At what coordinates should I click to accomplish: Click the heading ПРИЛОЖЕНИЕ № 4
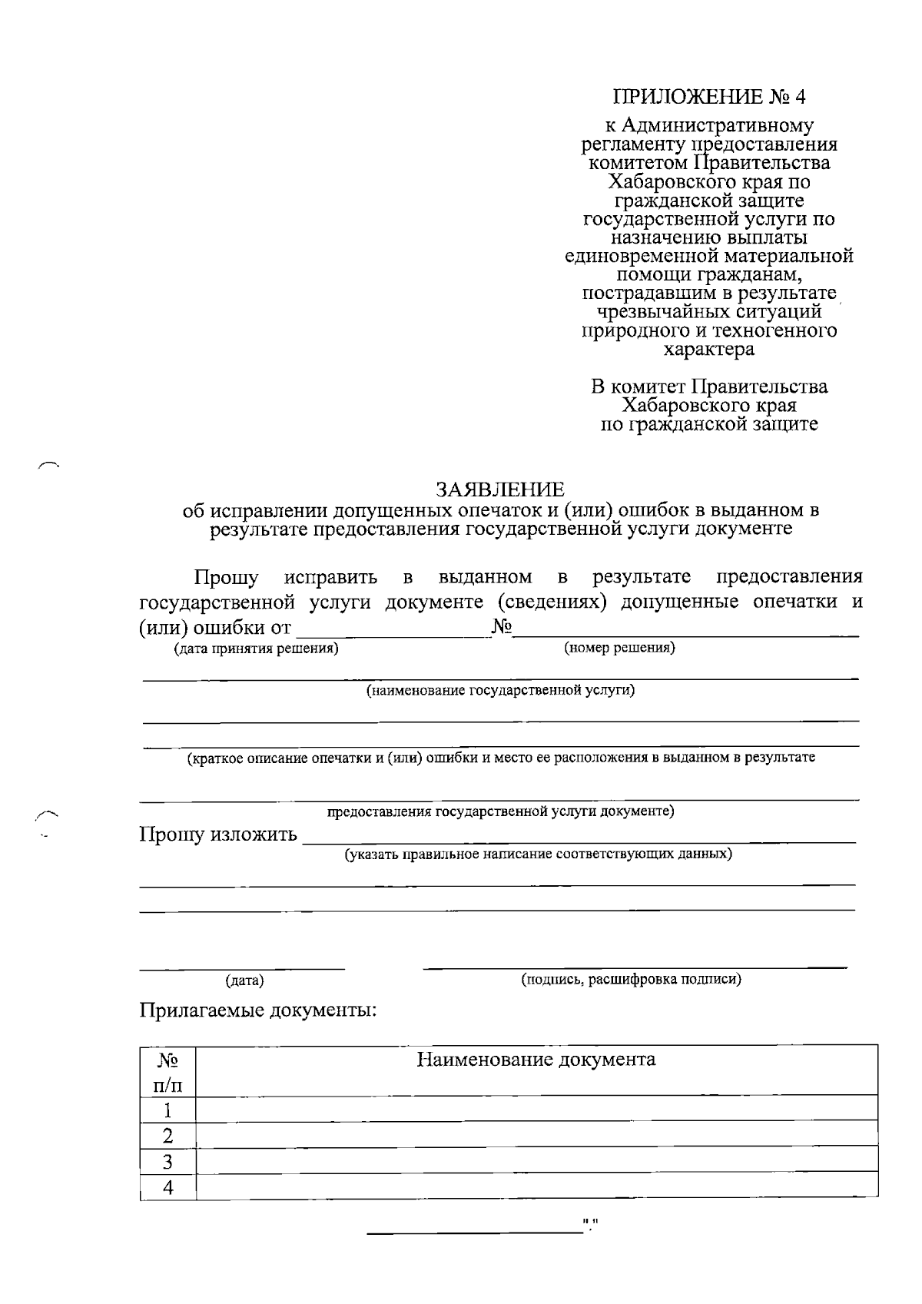tap(710, 97)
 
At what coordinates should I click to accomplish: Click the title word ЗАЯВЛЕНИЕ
tap(499, 489)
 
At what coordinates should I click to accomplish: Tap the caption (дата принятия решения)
tap(256, 649)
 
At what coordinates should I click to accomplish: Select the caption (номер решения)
tap(619, 648)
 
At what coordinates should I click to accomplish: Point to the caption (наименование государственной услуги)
tap(500, 691)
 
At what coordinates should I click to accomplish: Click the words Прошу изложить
tap(217, 834)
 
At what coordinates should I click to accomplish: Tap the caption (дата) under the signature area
tap(244, 980)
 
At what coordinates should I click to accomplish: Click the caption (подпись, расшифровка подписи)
tap(631, 979)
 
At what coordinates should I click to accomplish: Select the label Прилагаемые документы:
tap(258, 1009)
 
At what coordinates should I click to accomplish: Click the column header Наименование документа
tap(536, 1060)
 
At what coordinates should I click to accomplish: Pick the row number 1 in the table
tap(167, 1110)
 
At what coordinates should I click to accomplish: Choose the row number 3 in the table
tap(167, 1161)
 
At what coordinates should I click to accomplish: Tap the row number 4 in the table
tap(167, 1187)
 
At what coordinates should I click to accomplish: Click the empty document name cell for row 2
tap(536, 1135)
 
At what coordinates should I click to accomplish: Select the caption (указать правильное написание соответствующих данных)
tap(538, 854)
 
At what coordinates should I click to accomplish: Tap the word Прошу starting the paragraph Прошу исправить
tap(226, 577)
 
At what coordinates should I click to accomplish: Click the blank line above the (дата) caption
tap(242, 966)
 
